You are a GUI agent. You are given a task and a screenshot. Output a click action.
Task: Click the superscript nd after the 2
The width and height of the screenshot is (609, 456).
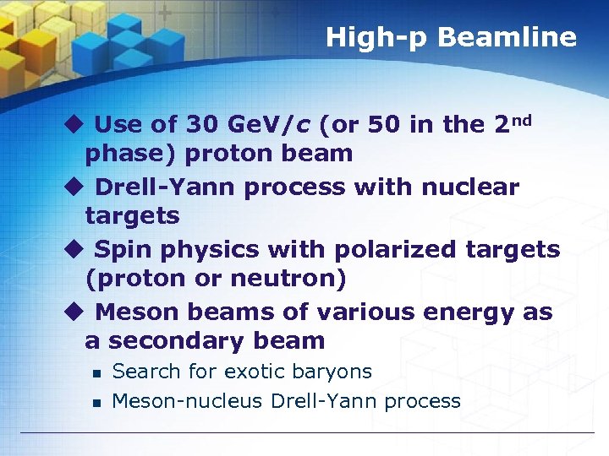523,119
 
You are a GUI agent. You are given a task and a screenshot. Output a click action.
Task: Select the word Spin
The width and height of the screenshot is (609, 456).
119,250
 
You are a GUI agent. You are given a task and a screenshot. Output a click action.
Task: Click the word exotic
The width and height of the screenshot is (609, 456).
259,372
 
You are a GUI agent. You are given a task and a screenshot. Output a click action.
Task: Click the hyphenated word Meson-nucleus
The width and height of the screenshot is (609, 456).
187,401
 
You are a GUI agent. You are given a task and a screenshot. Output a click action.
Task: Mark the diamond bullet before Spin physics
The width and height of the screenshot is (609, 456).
74,249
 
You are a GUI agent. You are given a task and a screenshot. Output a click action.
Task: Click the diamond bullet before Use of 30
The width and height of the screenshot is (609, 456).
74,124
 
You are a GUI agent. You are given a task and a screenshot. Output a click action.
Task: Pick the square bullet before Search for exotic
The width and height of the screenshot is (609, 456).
97,373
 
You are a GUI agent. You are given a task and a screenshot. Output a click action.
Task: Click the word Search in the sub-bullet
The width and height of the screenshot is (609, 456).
145,372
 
